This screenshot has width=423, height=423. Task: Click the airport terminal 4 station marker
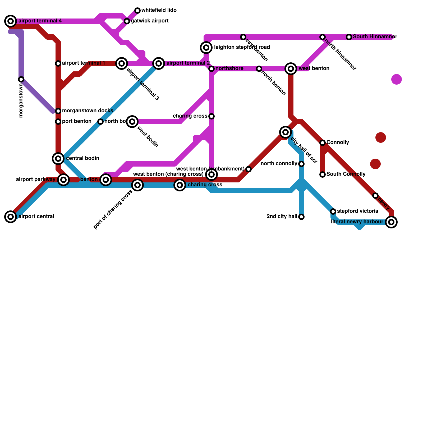pyautogui.click(x=11, y=21)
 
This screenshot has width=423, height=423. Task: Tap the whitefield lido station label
pyautogui.click(x=159, y=10)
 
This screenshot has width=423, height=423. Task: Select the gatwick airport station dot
pyautogui.click(x=127, y=21)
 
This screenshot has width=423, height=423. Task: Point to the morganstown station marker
pyautogui.click(x=21, y=79)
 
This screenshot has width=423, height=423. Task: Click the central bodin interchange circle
pyautogui.click(x=58, y=159)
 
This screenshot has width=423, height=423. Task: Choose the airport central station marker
pyautogui.click(x=11, y=217)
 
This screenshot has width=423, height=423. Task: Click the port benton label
pyautogui.click(x=77, y=121)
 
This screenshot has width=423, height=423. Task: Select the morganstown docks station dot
pyautogui.click(x=58, y=111)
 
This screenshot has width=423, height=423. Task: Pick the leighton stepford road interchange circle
pyautogui.click(x=206, y=48)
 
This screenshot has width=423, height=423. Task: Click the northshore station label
pyautogui.click(x=229, y=68)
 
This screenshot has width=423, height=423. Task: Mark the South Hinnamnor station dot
pyautogui.click(x=349, y=37)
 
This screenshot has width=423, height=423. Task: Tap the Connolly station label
pyautogui.click(x=338, y=142)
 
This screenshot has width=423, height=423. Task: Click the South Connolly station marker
pyautogui.click(x=323, y=174)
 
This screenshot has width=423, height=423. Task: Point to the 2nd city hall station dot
pyautogui.click(x=301, y=217)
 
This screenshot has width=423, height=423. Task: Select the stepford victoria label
pyautogui.click(x=357, y=211)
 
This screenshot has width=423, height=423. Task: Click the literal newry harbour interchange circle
pyautogui.click(x=391, y=222)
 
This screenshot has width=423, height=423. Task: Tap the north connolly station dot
pyautogui.click(x=301, y=164)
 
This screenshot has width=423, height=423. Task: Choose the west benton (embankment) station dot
pyautogui.click(x=249, y=169)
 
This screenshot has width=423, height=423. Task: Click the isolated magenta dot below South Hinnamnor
pyautogui.click(x=397, y=79)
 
